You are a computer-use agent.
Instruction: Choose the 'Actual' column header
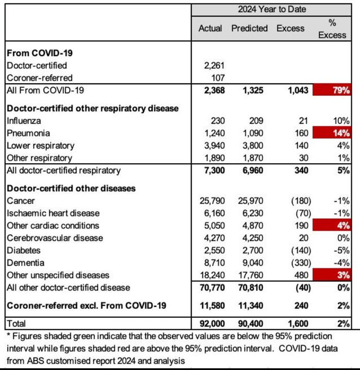[210, 28]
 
